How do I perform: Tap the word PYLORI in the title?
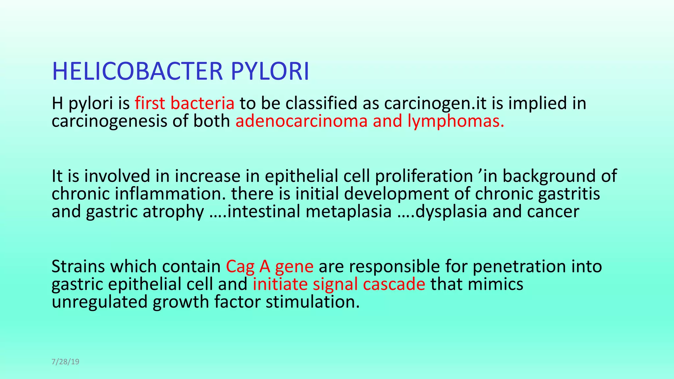point(270,71)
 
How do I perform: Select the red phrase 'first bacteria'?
point(185,103)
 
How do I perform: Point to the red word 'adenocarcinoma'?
point(301,121)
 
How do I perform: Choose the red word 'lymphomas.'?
point(456,121)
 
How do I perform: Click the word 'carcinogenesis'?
point(110,121)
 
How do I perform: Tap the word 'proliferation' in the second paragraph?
point(424,176)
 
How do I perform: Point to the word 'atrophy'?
point(173,211)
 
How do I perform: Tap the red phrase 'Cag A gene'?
point(270,266)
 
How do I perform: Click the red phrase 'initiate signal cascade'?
point(339,284)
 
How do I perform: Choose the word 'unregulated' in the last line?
point(99,302)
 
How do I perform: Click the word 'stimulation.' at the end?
point(313,302)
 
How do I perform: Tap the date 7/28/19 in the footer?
point(65,362)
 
